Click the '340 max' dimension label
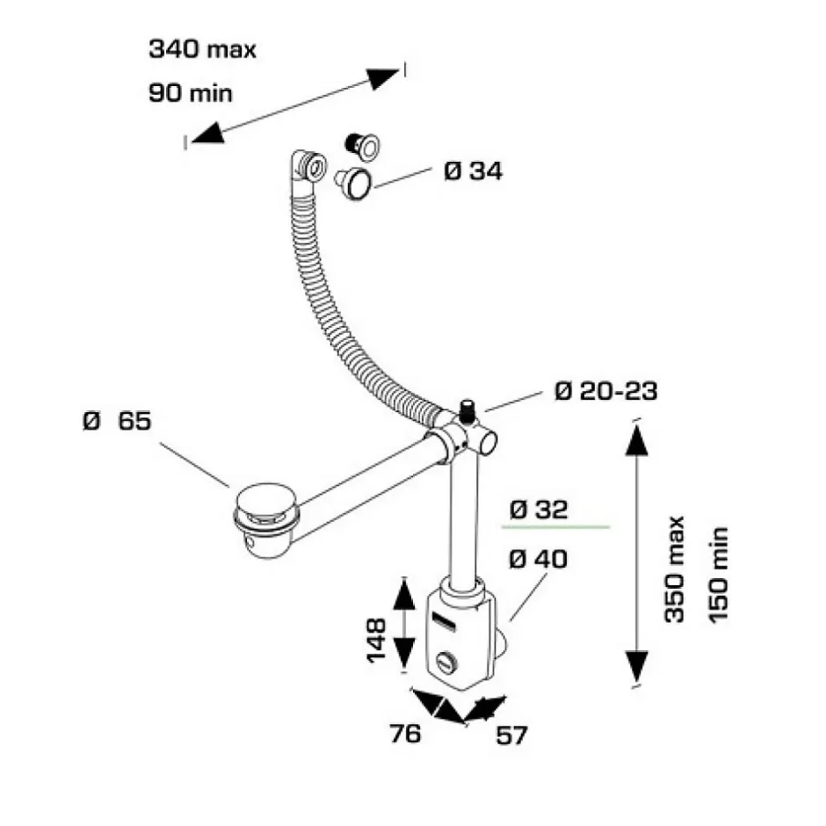(202, 49)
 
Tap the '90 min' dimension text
(191, 92)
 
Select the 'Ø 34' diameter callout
(473, 171)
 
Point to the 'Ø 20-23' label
(605, 391)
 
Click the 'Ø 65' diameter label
(117, 421)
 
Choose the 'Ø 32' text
(539, 510)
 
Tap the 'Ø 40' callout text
(539, 558)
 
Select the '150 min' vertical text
(719, 574)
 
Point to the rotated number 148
(377, 640)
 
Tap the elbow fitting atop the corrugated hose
(307, 166)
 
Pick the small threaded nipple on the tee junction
(466, 409)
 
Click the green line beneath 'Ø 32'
(554, 526)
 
